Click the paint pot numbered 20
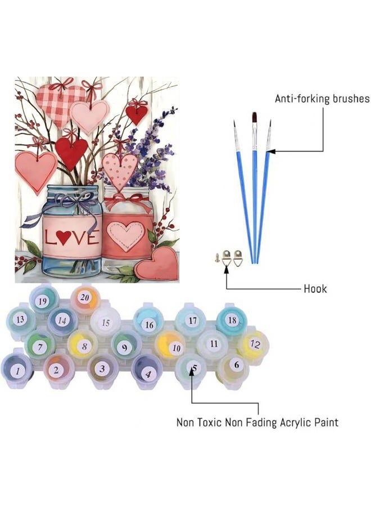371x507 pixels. [85, 298]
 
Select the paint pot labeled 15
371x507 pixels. [106, 322]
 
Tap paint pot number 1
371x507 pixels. [17, 371]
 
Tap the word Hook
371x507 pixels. [315, 288]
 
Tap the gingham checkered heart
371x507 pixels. [59, 104]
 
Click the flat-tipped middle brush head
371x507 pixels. [255, 118]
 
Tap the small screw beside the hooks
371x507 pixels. [217, 257]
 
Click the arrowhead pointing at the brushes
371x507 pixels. [270, 150]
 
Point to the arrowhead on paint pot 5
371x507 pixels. [192, 370]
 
